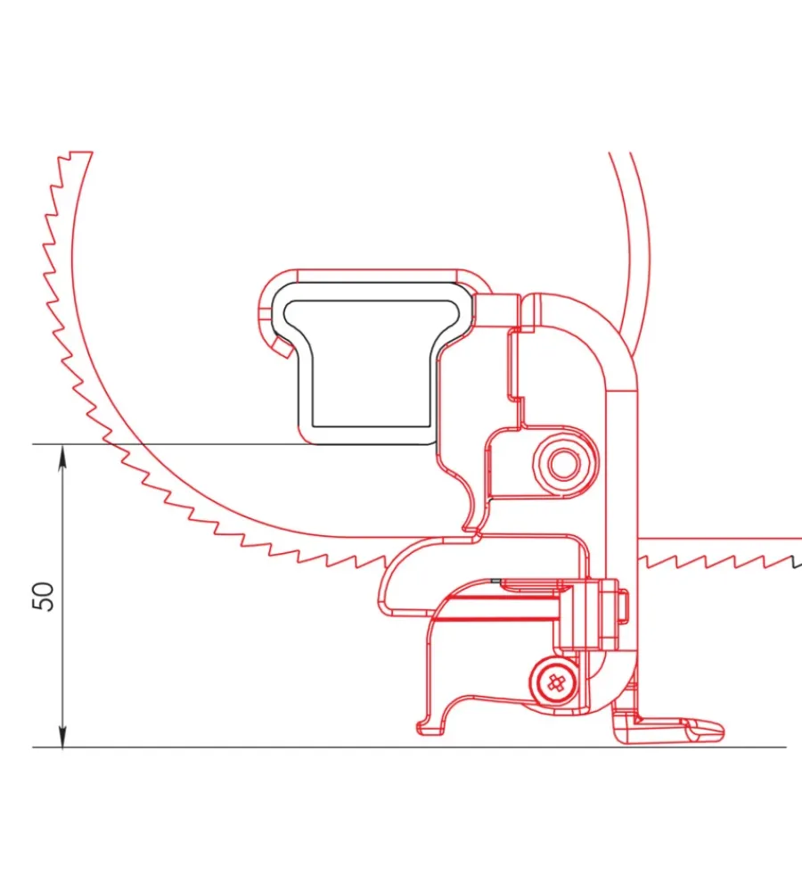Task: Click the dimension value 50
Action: [x=44, y=596]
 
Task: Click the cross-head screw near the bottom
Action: [x=555, y=681]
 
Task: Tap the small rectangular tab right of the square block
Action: [x=623, y=607]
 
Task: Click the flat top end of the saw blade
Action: [x=80, y=153]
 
